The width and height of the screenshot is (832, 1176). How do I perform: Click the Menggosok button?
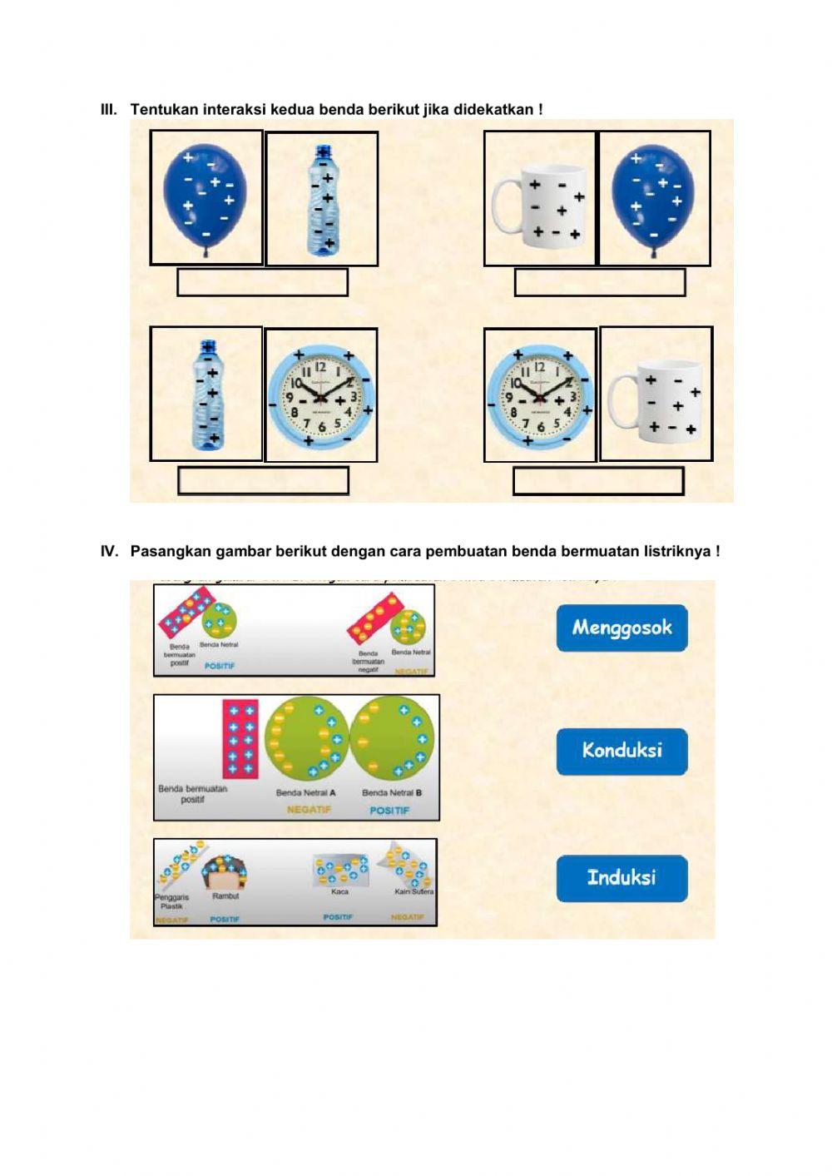[622, 628]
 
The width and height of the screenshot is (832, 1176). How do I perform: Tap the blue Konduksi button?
[622, 751]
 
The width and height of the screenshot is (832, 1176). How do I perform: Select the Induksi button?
[622, 878]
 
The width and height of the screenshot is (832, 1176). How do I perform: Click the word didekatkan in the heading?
[494, 109]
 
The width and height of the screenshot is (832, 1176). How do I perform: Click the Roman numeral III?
[108, 109]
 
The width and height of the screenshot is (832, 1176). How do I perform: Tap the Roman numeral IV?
[109, 551]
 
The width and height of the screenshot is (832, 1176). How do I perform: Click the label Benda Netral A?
[306, 792]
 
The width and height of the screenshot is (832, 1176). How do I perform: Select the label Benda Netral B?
[392, 792]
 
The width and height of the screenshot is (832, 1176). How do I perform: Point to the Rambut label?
[225, 896]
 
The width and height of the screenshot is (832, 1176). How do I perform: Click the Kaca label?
[339, 891]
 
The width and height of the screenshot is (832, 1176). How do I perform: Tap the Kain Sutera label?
[414, 891]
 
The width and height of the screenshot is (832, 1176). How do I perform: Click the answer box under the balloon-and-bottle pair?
[262, 282]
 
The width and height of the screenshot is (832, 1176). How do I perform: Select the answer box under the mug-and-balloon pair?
[599, 282]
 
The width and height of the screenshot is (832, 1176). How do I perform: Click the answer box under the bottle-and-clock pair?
[263, 481]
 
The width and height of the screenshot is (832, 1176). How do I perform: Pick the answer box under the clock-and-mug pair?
[598, 481]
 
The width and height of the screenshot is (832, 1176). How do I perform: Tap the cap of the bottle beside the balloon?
[322, 151]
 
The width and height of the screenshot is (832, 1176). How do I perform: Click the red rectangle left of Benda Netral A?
[240, 738]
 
